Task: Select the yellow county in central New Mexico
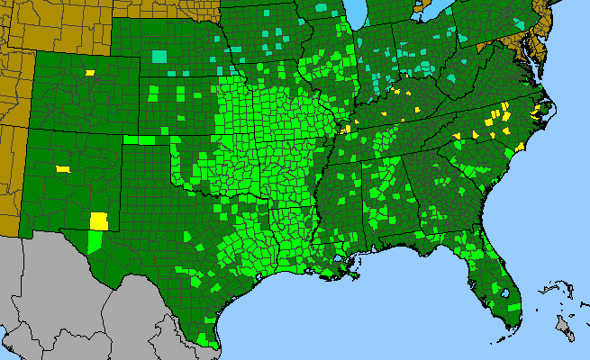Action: (x=62, y=168)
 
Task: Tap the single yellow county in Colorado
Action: (x=89, y=72)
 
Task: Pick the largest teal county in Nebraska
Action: (x=159, y=56)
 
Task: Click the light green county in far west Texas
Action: (x=95, y=240)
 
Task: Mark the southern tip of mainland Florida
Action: (x=510, y=329)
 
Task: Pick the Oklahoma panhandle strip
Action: (x=144, y=139)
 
